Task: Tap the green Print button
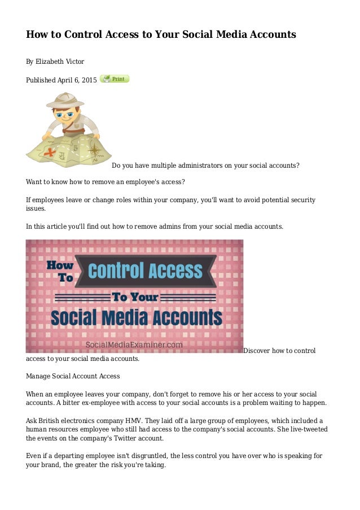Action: (115, 79)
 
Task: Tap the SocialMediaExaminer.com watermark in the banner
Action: (134, 344)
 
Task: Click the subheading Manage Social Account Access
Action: (73, 376)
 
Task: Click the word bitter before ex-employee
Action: (70, 403)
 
